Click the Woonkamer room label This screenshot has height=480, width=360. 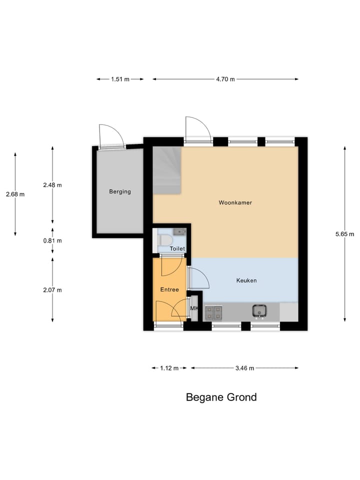tap(235, 203)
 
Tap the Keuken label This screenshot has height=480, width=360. tap(246, 280)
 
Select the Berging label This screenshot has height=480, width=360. tap(120, 191)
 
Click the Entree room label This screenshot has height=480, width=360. tap(169, 289)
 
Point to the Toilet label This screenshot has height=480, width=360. tap(177, 248)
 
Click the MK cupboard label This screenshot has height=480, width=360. tap(194, 308)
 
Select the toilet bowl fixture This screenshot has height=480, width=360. tap(163, 241)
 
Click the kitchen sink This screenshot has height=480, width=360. tap(259, 311)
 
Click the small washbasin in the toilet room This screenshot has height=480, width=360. tap(179, 231)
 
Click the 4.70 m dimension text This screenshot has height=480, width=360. tap(225, 79)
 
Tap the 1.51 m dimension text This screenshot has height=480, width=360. tap(120, 79)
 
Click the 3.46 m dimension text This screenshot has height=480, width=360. tap(244, 368)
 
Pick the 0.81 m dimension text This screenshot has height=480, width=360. tap(52, 240)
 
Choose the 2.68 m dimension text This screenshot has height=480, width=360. tap(15, 194)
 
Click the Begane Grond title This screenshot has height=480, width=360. tap(221, 397)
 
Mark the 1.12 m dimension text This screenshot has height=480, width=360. tap(169, 368)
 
